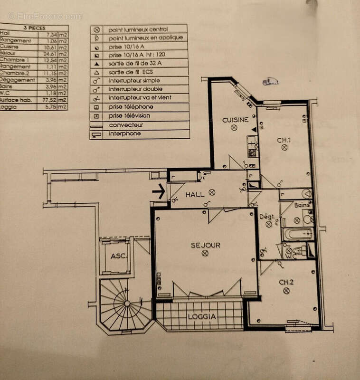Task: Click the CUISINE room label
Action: click(x=235, y=120)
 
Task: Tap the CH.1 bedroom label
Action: click(x=284, y=140)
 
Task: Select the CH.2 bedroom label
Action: click(x=286, y=282)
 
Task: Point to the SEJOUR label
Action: click(x=205, y=245)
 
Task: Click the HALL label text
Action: click(x=195, y=194)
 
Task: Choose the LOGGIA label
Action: click(x=201, y=316)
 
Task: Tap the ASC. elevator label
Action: click(x=118, y=256)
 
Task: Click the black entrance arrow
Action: click(x=159, y=191)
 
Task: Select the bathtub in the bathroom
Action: click(x=297, y=234)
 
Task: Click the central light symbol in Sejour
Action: click(x=205, y=253)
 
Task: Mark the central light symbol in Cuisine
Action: click(x=234, y=128)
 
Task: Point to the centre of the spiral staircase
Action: click(x=126, y=304)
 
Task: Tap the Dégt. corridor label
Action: click(x=267, y=217)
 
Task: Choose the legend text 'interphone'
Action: click(x=124, y=134)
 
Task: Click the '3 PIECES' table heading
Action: click(x=34, y=28)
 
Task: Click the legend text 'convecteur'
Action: click(x=126, y=125)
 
